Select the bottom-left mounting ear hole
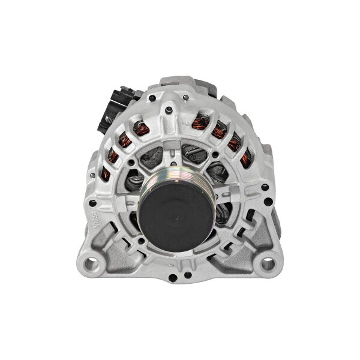click(x=91, y=262)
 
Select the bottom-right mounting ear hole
click(x=268, y=263)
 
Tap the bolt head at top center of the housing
click(x=169, y=110)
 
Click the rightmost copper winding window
click(x=245, y=158)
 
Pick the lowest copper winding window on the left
click(x=106, y=174)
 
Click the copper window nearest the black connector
click(x=142, y=128)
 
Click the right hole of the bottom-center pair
click(x=188, y=275)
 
